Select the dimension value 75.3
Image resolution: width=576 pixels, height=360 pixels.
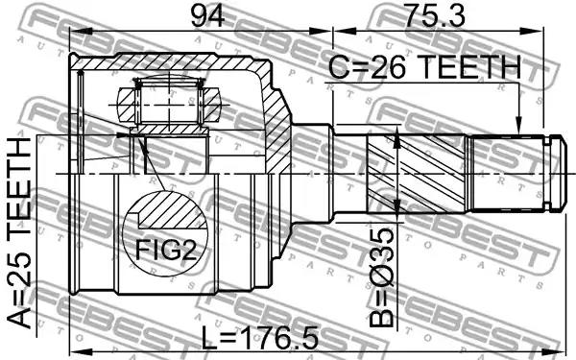pyautogui.click(x=434, y=15)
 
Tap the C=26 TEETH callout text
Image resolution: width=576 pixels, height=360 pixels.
pyautogui.click(x=425, y=67)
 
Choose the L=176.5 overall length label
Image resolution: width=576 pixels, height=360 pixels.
pyautogui.click(x=260, y=338)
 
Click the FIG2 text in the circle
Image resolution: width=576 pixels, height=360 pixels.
pyautogui.click(x=166, y=250)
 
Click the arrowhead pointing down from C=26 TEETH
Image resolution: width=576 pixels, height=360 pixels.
pyautogui.click(x=518, y=125)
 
